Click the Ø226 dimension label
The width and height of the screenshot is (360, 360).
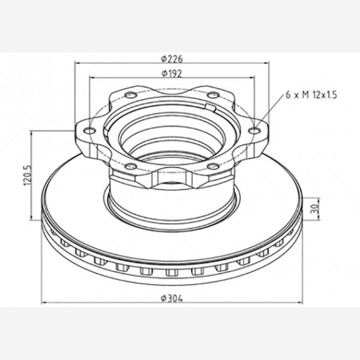172,59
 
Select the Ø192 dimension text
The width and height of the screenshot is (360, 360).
172,73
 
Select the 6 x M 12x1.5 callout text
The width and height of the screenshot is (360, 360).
311,95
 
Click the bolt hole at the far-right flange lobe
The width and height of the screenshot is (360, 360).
255,131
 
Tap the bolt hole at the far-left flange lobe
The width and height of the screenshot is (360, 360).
89,131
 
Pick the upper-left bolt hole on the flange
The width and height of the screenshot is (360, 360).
131,94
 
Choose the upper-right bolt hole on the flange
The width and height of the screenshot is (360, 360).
213,94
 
